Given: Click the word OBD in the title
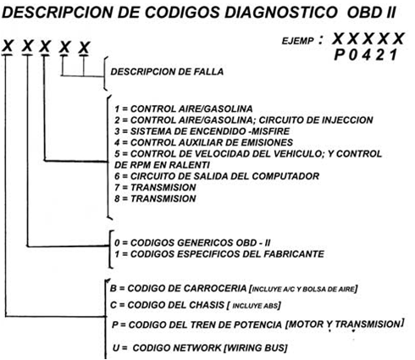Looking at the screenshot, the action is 362,13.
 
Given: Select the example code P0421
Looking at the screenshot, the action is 366,54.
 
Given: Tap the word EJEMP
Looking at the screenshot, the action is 297,42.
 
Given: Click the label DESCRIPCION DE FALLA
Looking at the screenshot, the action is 167,72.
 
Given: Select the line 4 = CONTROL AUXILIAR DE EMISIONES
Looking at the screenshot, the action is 203,142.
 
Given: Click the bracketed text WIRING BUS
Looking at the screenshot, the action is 255,348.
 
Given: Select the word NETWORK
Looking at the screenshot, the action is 197,348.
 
